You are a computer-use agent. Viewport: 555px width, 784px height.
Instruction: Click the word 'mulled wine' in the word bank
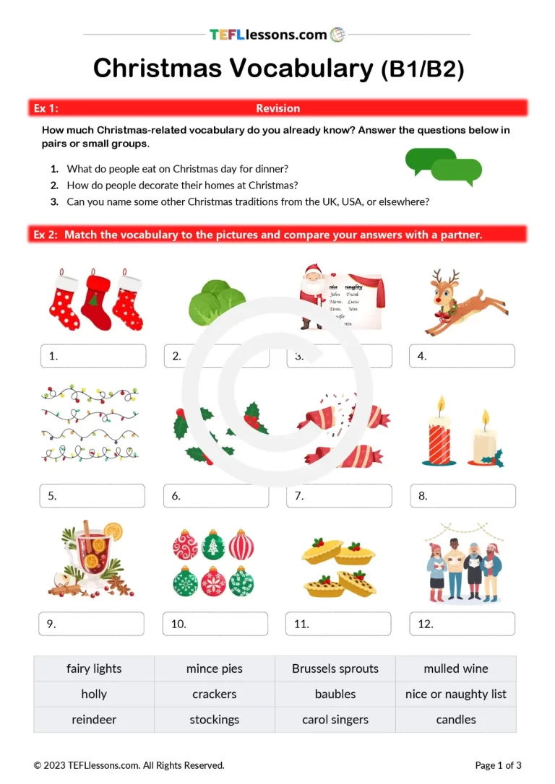click(456, 668)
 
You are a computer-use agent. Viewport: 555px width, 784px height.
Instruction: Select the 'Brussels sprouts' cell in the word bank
click(335, 668)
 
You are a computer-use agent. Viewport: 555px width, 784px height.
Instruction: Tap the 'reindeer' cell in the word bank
click(94, 720)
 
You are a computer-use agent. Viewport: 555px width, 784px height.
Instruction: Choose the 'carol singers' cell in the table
click(335, 720)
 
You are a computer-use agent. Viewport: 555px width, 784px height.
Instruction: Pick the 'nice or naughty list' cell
click(456, 694)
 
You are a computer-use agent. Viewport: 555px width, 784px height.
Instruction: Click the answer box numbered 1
click(93, 356)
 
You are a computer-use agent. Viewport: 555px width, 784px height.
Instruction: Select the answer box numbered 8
click(462, 496)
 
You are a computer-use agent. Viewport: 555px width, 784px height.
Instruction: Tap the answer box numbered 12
click(462, 624)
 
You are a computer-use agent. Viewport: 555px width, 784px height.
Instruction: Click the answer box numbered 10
click(216, 624)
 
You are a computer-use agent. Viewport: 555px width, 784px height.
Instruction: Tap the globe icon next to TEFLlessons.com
click(337, 34)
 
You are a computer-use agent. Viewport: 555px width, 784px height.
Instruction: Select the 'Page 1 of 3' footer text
click(498, 765)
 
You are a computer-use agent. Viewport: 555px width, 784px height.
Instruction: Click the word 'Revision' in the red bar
click(277, 108)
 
